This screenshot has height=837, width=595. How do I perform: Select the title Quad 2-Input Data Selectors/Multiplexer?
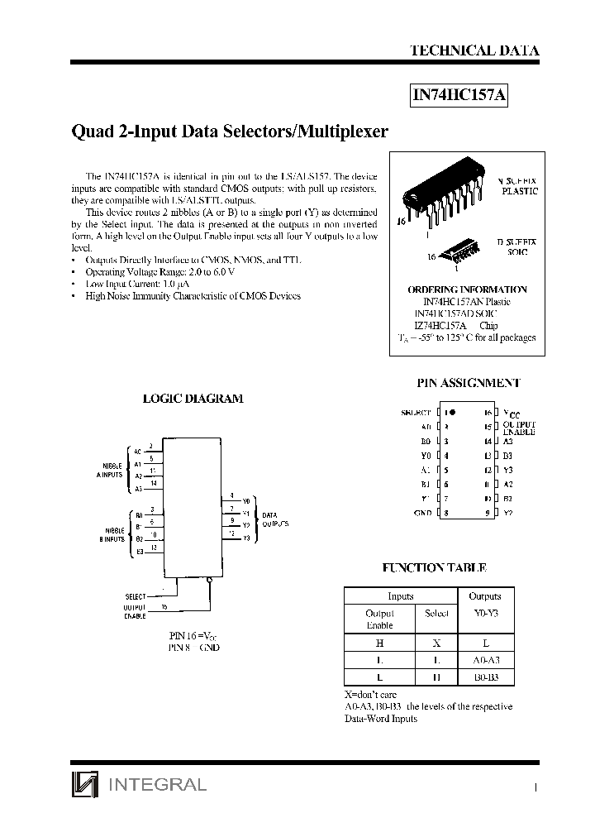230,131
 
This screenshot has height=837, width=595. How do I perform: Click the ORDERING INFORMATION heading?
467,289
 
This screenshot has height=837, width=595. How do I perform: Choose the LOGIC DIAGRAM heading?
193,398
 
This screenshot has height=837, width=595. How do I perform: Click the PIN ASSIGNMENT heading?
468,383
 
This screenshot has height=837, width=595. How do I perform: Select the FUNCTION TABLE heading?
434,568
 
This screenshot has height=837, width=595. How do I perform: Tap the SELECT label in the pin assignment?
415,412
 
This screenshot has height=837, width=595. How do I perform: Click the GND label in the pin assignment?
422,513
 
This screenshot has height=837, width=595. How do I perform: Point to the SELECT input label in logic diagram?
135,595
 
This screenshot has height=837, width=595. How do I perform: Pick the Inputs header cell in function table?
400,596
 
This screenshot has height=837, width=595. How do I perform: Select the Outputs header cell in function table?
484,596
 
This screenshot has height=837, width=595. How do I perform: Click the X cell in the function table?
436,641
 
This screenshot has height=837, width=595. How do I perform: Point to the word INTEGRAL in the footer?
157,784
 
